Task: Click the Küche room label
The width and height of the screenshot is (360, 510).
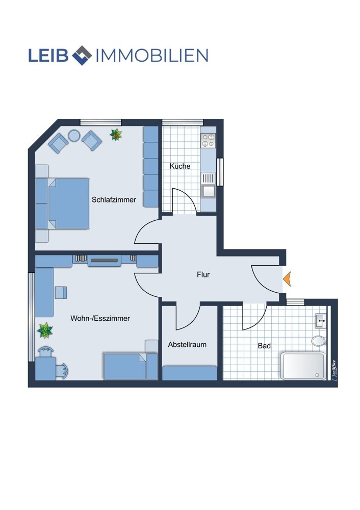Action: pyautogui.click(x=180, y=166)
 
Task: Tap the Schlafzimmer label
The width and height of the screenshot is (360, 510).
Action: pyautogui.click(x=114, y=200)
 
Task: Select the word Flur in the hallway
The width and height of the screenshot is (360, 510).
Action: pyautogui.click(x=203, y=274)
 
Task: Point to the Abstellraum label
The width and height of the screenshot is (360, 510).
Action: pyautogui.click(x=187, y=344)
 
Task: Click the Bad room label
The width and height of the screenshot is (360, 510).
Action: pyautogui.click(x=264, y=346)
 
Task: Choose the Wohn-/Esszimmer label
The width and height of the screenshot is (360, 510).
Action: pyautogui.click(x=100, y=318)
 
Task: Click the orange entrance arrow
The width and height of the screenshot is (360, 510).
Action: pyautogui.click(x=287, y=279)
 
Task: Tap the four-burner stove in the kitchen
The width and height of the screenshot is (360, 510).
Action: pyautogui.click(x=208, y=140)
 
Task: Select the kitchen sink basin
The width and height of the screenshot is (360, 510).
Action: pyautogui.click(x=208, y=191)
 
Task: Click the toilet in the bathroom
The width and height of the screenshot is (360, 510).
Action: pyautogui.click(x=319, y=341)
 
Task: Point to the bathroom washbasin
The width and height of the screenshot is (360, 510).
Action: pyautogui.click(x=321, y=321)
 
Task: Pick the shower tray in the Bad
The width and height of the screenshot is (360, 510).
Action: pyautogui.click(x=303, y=366)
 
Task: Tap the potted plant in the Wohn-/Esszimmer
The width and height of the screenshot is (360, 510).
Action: pyautogui.click(x=45, y=330)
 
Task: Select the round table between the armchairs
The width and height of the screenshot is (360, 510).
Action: pyautogui.click(x=74, y=136)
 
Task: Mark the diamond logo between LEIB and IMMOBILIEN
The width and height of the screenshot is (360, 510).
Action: pyautogui.click(x=82, y=55)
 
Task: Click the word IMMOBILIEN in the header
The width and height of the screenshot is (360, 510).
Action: pyautogui.click(x=152, y=56)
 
